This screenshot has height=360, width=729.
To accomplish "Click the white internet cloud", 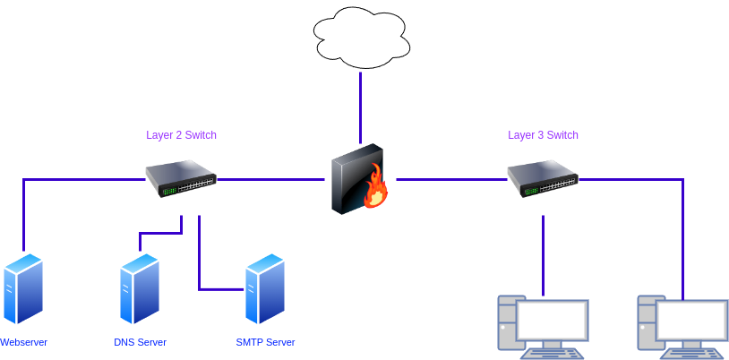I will [x=361, y=38].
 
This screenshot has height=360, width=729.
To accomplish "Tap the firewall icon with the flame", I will [x=360, y=180].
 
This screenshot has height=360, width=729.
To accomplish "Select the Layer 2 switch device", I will [x=181, y=178].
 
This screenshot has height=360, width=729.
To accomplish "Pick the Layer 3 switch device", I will [x=543, y=178].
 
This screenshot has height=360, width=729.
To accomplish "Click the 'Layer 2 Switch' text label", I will [x=182, y=135].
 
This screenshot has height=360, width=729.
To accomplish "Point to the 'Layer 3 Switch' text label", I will [x=544, y=135].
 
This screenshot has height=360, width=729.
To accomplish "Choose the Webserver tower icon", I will [x=22, y=288].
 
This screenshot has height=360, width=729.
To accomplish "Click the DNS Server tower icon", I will [x=140, y=288].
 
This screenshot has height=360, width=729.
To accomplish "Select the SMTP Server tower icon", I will [x=265, y=288].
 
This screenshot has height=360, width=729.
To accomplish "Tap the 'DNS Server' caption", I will [x=140, y=343].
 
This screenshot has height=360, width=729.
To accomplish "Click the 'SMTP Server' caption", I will [x=265, y=343].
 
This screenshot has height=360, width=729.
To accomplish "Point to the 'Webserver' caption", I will [x=23, y=343].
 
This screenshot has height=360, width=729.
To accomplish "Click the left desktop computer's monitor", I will [x=553, y=321].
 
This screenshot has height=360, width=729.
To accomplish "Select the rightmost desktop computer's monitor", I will [x=690, y=321].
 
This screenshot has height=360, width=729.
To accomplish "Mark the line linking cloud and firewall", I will [x=361, y=107].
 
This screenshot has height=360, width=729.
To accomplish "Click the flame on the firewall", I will [x=375, y=185].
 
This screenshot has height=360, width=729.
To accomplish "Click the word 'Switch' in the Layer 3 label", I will [x=562, y=135].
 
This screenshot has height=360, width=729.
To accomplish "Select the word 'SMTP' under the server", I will [x=250, y=343].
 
